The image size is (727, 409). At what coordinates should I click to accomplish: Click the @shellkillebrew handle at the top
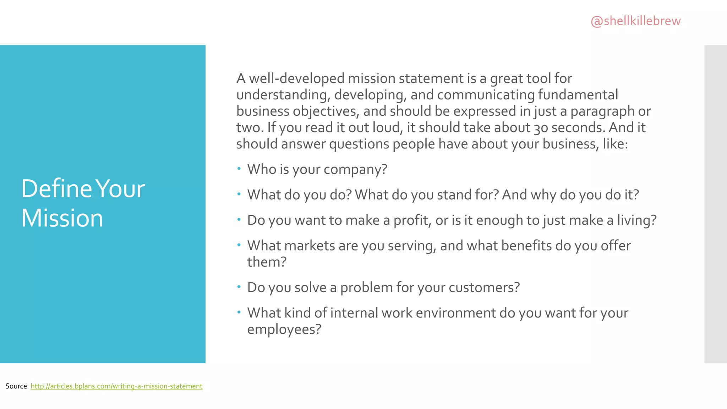click(x=635, y=21)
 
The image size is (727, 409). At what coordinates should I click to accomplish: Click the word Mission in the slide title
click(x=62, y=218)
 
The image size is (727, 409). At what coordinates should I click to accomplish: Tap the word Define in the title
click(x=57, y=189)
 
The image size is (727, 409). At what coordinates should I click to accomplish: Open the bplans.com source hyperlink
click(x=116, y=386)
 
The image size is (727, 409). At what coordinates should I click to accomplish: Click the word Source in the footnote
click(x=16, y=386)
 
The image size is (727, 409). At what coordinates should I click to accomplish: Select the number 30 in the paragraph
click(x=541, y=128)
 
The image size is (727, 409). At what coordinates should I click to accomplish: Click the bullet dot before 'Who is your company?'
click(x=239, y=168)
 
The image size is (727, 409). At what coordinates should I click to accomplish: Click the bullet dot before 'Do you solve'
click(x=239, y=287)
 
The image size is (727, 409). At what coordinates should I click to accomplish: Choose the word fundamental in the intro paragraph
click(x=578, y=95)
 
